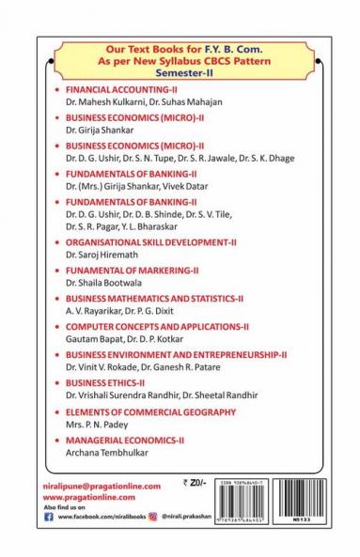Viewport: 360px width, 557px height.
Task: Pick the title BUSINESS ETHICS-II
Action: [104, 383]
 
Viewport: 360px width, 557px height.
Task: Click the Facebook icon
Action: [49, 516]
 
